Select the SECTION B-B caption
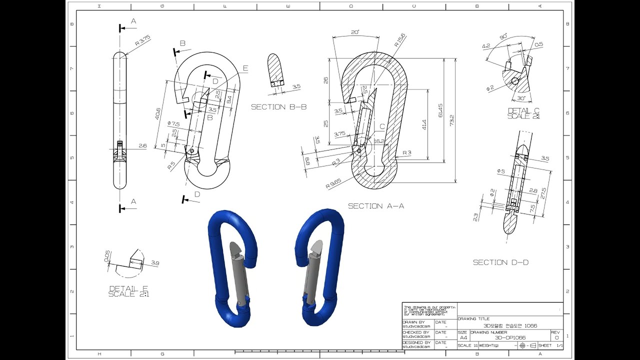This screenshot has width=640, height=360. pyautogui.click(x=278, y=107)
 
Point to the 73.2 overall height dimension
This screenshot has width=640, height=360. pyautogui.click(x=451, y=120)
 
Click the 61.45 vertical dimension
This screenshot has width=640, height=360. pyautogui.click(x=440, y=110)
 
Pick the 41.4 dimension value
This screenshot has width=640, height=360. pyautogui.click(x=424, y=124)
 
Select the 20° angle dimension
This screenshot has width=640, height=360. pyautogui.click(x=355, y=32)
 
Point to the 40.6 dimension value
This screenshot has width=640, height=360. pyautogui.click(x=158, y=114)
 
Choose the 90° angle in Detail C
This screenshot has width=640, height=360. pyautogui.click(x=502, y=37)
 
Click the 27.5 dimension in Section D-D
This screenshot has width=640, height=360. pyautogui.click(x=544, y=191)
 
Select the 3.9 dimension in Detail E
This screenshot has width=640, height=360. pyautogui.click(x=154, y=263)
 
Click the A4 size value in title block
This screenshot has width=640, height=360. pyautogui.click(x=463, y=337)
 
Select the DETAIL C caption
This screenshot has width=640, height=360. pyautogui.click(x=523, y=113)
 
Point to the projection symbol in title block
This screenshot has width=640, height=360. pyautogui.click(x=526, y=345)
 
